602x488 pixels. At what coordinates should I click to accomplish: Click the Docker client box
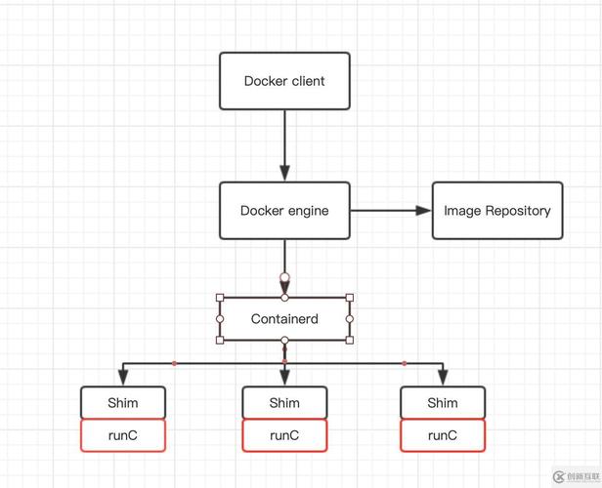click(284, 80)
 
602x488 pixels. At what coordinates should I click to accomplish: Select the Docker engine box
click(284, 210)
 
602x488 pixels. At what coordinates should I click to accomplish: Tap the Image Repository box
click(497, 210)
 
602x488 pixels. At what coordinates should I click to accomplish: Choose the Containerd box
click(284, 319)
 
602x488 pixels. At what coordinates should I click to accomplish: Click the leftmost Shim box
click(123, 402)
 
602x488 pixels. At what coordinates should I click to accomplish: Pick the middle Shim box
click(284, 402)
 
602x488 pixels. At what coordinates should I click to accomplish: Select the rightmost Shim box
click(443, 402)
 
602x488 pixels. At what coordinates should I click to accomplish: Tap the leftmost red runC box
click(123, 435)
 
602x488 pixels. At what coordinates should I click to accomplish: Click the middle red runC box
click(284, 435)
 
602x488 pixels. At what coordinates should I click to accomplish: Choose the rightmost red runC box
click(443, 435)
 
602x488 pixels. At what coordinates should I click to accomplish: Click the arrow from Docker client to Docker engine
click(284, 142)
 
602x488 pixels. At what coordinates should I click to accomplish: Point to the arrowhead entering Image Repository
click(423, 210)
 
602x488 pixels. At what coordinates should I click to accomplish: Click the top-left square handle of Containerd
click(220, 298)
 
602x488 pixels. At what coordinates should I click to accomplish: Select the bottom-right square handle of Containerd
click(350, 340)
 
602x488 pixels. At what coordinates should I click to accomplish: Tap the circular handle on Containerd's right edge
click(350, 319)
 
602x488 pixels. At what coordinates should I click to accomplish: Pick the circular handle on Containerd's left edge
click(220, 319)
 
